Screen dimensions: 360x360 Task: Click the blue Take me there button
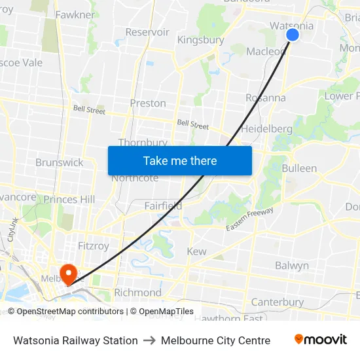pos(180,160)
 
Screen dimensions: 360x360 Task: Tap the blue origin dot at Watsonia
pos(293,35)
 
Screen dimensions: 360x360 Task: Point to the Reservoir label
pos(147,32)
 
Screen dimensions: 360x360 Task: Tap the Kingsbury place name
pos(201,40)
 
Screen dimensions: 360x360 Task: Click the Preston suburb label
pos(148,103)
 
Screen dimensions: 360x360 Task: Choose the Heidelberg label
pos(266,129)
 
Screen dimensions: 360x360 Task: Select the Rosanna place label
pos(265,98)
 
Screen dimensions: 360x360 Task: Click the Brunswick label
pos(60,162)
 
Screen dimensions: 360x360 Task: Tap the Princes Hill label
pos(69,199)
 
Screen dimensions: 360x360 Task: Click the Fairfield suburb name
pos(163,206)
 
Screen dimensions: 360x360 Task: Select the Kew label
pos(196,251)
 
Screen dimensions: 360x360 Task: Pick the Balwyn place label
pos(292,266)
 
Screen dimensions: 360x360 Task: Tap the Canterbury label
pos(278,302)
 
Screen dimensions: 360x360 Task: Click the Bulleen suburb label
pos(299,168)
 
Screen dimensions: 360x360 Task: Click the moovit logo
pos(321,340)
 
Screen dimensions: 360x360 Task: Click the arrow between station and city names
pos(149,340)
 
